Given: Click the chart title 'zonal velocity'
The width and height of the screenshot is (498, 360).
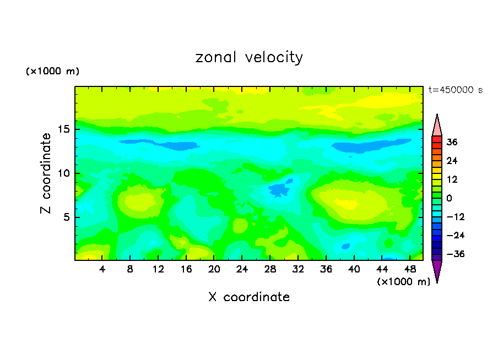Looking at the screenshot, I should [x=249, y=57].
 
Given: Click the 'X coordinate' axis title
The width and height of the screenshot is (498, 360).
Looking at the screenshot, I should [x=249, y=297].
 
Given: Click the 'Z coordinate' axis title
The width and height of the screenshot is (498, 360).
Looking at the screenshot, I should [x=46, y=173].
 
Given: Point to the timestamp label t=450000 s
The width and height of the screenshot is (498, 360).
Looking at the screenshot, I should [x=455, y=90].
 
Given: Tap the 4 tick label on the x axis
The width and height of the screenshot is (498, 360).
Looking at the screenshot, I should [x=102, y=269].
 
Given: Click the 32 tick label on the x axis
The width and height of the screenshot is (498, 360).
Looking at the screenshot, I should [x=298, y=269].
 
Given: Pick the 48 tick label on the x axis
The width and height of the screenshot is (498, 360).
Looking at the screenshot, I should [x=410, y=269].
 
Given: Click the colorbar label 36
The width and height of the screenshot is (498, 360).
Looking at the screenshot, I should [x=452, y=142].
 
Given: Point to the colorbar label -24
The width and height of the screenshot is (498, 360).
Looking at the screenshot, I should [x=454, y=236].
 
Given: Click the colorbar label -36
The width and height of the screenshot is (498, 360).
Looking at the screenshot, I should [x=454, y=254].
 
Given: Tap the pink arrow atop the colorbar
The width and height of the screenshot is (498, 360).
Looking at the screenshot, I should [x=437, y=126].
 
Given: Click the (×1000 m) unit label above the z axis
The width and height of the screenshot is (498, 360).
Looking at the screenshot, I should [x=53, y=72].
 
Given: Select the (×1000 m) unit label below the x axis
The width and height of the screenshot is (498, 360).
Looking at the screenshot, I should [x=403, y=281].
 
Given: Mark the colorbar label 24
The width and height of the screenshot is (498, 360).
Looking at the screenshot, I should [x=452, y=161].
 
